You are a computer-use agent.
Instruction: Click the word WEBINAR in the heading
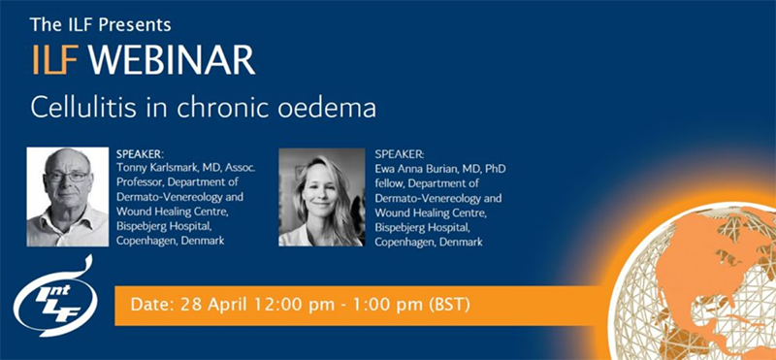tap(184, 60)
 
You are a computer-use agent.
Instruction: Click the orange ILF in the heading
tap(57, 60)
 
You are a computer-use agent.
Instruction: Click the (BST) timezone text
tap(449, 305)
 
